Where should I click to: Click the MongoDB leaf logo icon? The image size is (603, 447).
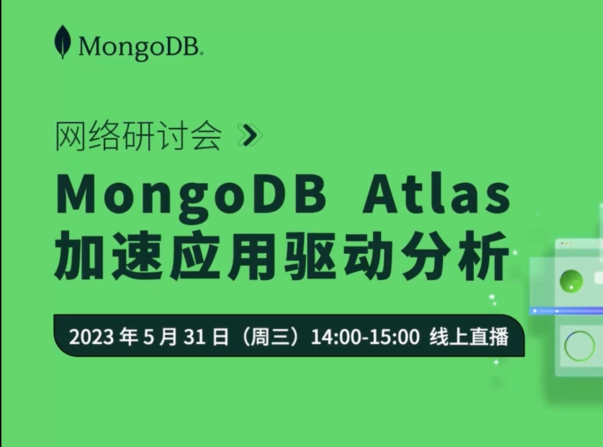(62, 42)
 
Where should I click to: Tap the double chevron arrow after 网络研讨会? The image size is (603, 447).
(250, 135)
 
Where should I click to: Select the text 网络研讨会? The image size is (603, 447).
(138, 136)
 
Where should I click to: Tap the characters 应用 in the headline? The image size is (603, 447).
(225, 256)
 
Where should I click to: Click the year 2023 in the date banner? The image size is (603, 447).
(91, 337)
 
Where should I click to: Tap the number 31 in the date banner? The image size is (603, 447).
(194, 337)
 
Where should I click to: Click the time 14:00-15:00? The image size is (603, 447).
(365, 337)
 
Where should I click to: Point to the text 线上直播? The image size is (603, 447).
(469, 337)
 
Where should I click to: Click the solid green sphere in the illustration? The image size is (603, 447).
(571, 280)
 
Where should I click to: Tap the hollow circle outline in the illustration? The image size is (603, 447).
(579, 346)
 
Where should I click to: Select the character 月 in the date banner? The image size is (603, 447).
(169, 337)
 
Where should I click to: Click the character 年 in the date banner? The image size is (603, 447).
(128, 337)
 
